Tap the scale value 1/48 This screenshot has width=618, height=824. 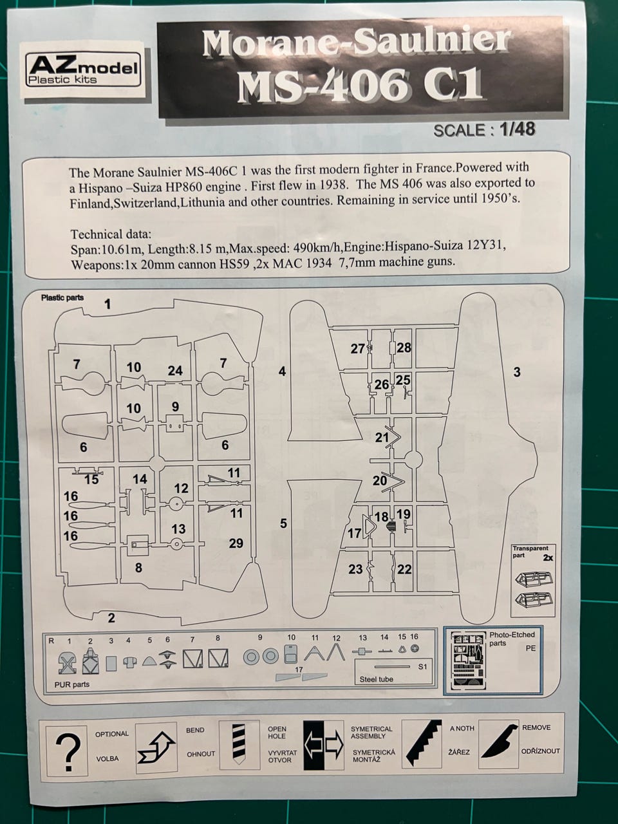click(x=518, y=129)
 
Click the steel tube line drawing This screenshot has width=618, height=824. click(x=392, y=667)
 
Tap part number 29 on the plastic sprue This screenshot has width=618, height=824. click(x=236, y=543)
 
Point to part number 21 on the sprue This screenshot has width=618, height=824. click(x=382, y=437)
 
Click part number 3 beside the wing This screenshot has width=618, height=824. click(x=517, y=372)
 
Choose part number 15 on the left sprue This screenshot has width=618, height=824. click(x=91, y=480)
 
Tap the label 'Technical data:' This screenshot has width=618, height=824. click(x=111, y=234)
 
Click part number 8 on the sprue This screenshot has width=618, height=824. click(x=138, y=568)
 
